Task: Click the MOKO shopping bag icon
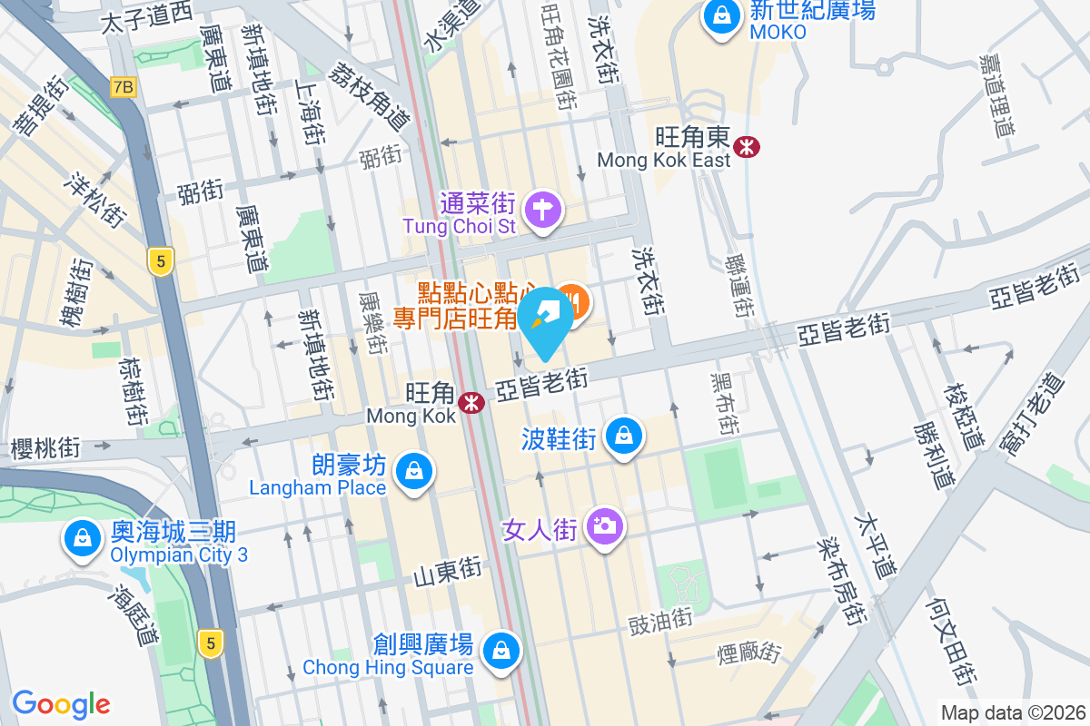coord(721,17)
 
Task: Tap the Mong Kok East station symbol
coord(748,145)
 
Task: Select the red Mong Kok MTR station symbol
coord(471,402)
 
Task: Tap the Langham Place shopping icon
coord(414,472)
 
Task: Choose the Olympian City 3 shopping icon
coord(83,537)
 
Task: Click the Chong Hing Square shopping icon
coord(500,650)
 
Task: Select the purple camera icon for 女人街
coord(604,525)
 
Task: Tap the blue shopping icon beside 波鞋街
coord(624,437)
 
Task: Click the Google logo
coord(61,703)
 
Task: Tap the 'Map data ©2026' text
coord(1012,712)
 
